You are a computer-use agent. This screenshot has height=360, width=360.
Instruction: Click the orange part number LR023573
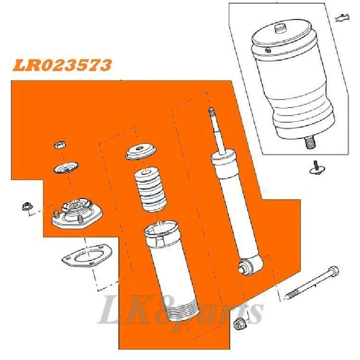(x=62, y=65)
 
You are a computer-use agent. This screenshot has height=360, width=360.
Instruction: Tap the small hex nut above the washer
(x=60, y=145)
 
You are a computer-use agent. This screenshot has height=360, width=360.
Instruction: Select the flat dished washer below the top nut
(x=66, y=168)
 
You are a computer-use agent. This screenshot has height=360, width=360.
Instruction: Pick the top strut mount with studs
(x=77, y=214)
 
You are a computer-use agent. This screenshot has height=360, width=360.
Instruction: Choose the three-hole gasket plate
(x=87, y=255)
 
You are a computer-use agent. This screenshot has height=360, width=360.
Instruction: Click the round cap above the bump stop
(x=141, y=152)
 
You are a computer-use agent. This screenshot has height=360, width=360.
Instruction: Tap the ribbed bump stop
(x=150, y=189)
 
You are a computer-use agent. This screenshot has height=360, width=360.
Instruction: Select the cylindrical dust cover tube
(x=171, y=270)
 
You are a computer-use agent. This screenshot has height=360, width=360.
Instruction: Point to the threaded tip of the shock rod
(x=211, y=112)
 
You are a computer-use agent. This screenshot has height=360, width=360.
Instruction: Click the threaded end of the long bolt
(x=292, y=294)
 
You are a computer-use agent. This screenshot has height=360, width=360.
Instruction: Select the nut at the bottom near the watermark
(x=240, y=324)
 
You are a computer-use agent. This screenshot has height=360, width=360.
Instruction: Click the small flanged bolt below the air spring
(x=317, y=168)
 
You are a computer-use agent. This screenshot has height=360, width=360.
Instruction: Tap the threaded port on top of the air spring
(x=280, y=29)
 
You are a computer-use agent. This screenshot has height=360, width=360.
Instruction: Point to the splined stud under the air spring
(x=310, y=143)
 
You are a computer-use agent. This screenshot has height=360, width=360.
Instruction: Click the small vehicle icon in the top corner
(x=342, y=18)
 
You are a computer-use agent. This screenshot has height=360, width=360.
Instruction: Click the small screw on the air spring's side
(x=268, y=50)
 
